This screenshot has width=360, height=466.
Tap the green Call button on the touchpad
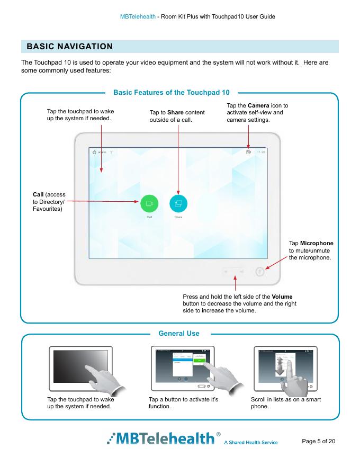point(149,203)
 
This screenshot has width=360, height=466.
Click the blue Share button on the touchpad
point(178,203)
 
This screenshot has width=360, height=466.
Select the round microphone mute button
point(259,272)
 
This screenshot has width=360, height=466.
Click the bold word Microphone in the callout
point(317,243)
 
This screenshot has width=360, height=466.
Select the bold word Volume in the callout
point(282,295)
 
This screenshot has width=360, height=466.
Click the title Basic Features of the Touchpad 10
point(171,93)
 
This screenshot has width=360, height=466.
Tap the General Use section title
point(179,333)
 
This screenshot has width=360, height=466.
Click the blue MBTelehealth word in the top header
point(141,17)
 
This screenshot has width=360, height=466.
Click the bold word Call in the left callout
point(39,195)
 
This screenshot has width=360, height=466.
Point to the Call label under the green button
point(149,217)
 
